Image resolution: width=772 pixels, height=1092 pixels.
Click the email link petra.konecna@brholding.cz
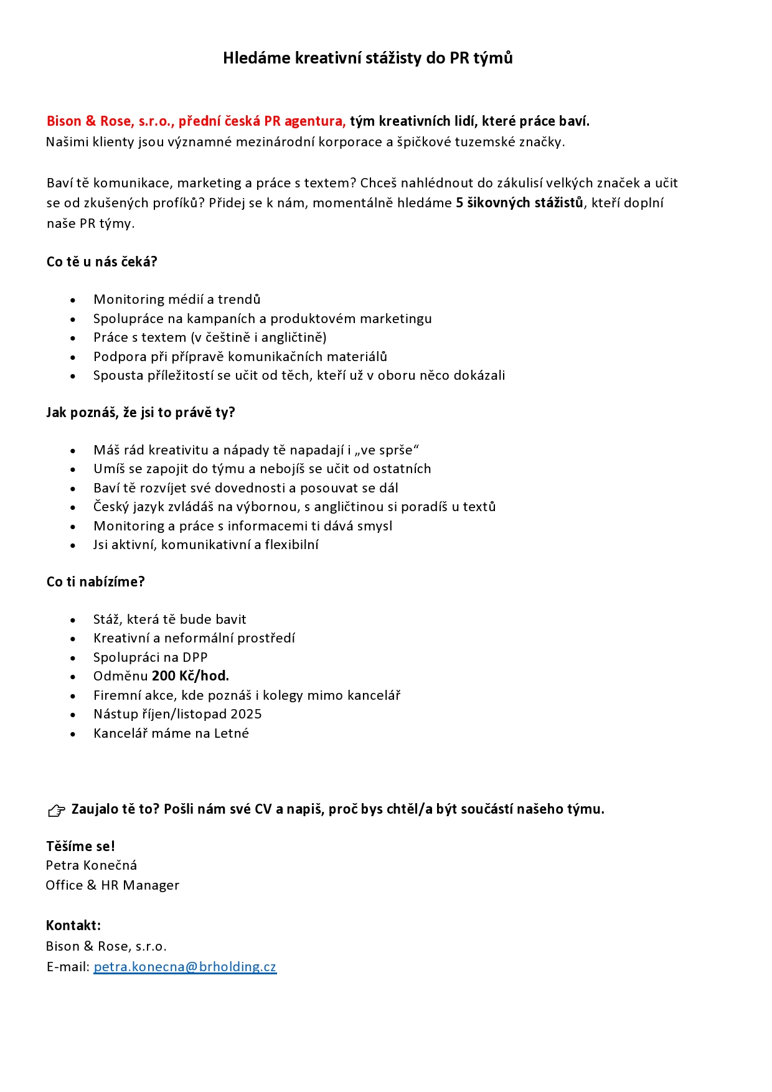point(185,966)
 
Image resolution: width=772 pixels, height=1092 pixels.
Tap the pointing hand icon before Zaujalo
point(57,810)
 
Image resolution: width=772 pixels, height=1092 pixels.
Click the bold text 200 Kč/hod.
point(191,675)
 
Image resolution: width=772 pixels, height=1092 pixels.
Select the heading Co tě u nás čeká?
point(101,261)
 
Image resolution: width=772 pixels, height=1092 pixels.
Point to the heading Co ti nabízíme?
point(95,581)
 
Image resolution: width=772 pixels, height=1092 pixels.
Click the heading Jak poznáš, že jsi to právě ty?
point(141,412)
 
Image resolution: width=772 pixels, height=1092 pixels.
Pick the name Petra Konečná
point(92,865)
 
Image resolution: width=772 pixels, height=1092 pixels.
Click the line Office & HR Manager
point(112,885)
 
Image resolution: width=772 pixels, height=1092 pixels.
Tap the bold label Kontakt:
point(73,925)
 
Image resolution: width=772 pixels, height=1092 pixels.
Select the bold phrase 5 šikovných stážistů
point(520,202)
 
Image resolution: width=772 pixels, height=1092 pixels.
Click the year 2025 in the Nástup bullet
point(246,713)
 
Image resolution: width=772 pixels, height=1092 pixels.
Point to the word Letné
point(232,733)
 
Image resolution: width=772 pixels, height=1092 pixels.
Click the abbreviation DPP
point(195,657)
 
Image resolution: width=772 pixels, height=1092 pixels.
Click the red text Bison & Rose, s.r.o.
point(110,121)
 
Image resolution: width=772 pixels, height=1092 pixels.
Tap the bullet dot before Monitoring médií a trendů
point(73,300)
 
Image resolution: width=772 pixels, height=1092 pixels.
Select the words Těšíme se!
point(80,845)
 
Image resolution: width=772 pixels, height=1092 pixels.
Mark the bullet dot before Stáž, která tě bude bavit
point(73,620)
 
